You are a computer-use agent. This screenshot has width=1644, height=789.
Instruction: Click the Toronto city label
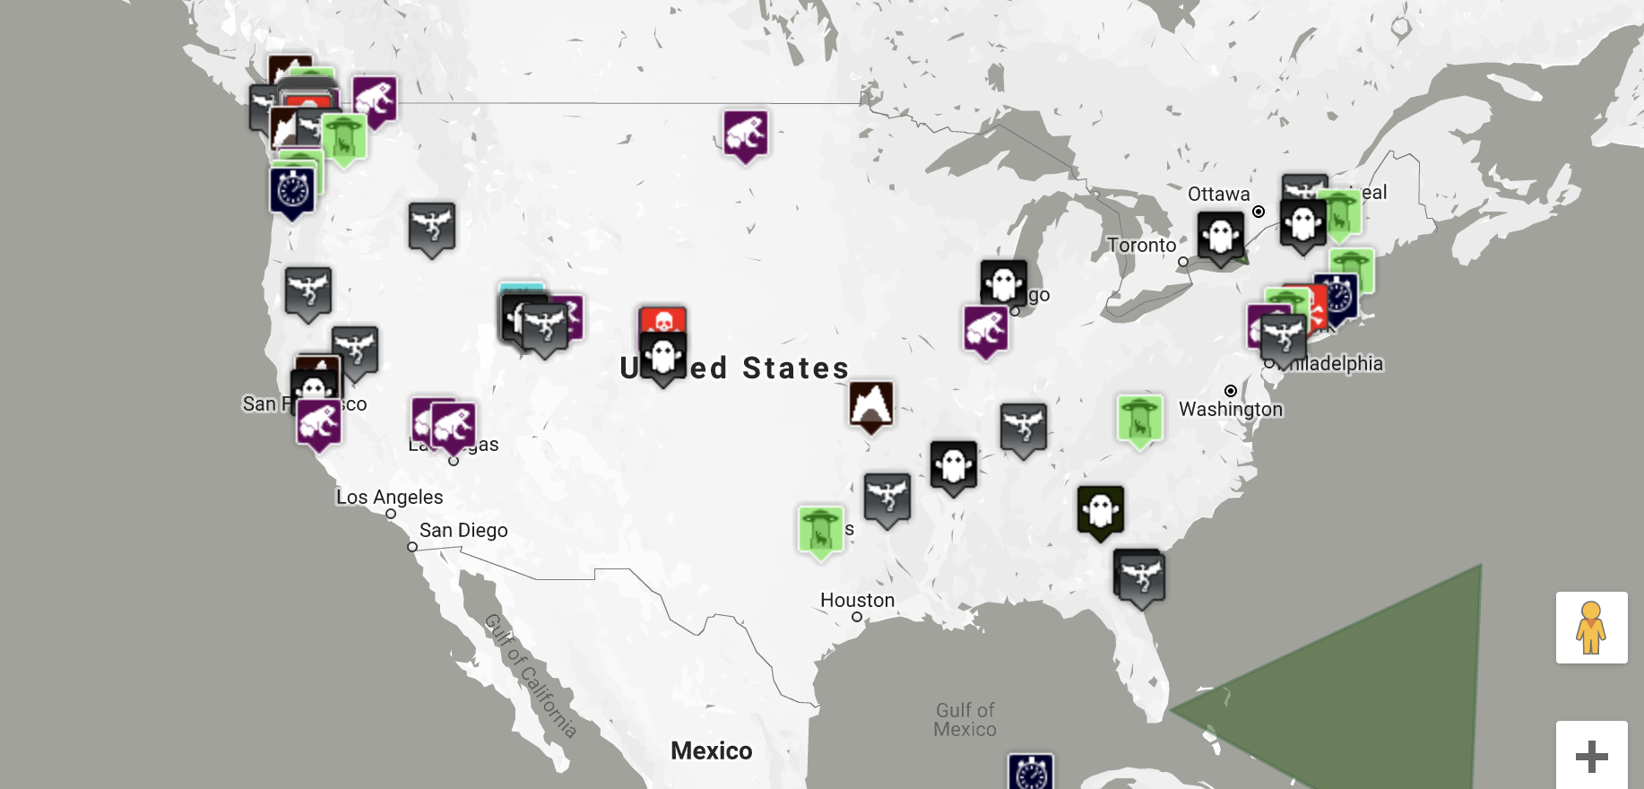1141,246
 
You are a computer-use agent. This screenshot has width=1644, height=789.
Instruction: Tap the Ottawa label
1218,195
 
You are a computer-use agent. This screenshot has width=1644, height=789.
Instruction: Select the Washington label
1231,410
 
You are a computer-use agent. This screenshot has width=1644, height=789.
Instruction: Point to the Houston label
857,601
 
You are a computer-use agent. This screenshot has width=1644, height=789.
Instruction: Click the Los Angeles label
389,498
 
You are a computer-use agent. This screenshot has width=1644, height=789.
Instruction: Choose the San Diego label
463,531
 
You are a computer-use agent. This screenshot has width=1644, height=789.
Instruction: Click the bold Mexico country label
711,751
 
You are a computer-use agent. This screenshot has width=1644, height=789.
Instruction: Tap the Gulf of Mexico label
965,720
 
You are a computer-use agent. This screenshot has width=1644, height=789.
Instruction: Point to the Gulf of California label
530,675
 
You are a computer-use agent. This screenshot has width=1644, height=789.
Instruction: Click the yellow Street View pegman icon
1591,628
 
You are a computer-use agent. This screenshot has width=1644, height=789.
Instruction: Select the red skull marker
662,320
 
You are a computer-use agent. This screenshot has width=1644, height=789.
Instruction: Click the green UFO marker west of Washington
1139,419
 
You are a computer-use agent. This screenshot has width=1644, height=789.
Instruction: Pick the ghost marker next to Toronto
1220,237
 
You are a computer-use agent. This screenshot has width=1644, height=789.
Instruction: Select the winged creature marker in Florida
1140,577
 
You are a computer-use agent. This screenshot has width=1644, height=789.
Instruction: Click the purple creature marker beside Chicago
986,329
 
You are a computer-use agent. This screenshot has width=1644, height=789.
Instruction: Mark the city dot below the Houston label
857,617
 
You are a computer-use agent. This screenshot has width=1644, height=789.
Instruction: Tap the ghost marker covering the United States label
663,357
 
